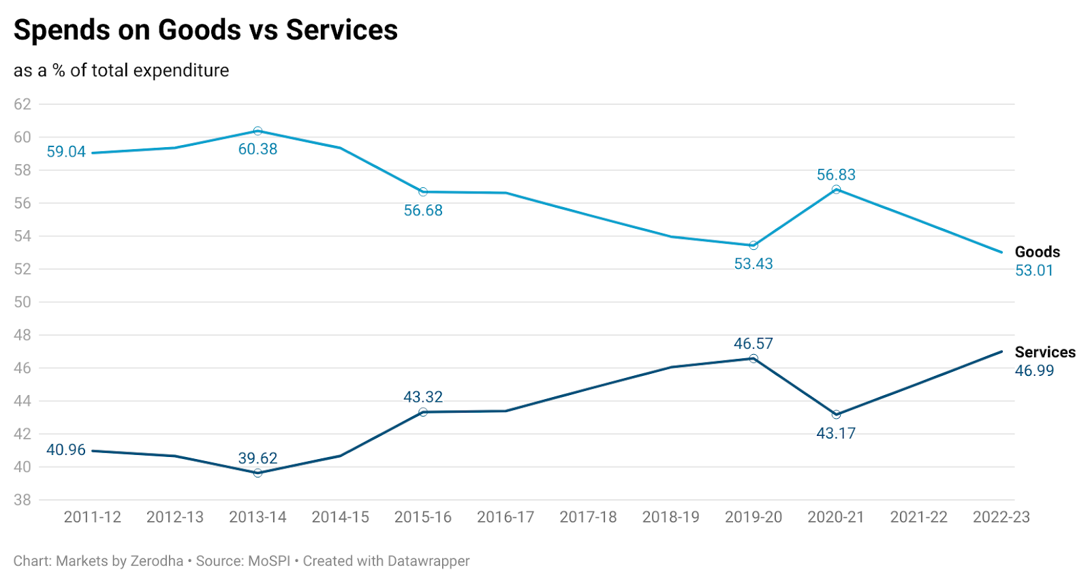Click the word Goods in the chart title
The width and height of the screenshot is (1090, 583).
pyautogui.click(x=199, y=30)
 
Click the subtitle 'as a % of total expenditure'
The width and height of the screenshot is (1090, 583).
pyautogui.click(x=121, y=70)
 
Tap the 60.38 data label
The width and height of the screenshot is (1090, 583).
pyautogui.click(x=258, y=149)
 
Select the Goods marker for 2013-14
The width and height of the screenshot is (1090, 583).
pyautogui.click(x=258, y=131)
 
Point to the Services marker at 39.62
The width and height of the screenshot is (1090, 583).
pyautogui.click(x=258, y=473)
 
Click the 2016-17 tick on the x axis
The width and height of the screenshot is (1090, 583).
pyautogui.click(x=505, y=517)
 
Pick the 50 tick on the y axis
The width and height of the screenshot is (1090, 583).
pyautogui.click(x=22, y=302)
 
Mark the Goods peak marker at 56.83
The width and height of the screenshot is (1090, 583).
pyautogui.click(x=836, y=189)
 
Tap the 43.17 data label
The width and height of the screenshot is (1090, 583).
pyautogui.click(x=836, y=433)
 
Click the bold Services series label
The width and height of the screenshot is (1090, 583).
pyautogui.click(x=1045, y=352)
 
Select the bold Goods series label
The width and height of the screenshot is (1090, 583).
pyautogui.click(x=1038, y=252)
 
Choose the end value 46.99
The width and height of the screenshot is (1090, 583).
pyautogui.click(x=1034, y=371)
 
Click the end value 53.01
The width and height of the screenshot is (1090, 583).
pyautogui.click(x=1034, y=270)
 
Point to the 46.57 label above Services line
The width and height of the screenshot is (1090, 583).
pyautogui.click(x=753, y=343)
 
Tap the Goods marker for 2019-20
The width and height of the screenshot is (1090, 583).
pyautogui.click(x=753, y=245)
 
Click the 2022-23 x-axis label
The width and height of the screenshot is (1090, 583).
pyautogui.click(x=1001, y=517)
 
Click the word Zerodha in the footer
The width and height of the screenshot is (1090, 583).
pyautogui.click(x=157, y=561)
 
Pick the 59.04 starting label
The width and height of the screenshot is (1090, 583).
pyautogui.click(x=66, y=152)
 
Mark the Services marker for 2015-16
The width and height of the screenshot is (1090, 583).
pyautogui.click(x=423, y=412)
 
